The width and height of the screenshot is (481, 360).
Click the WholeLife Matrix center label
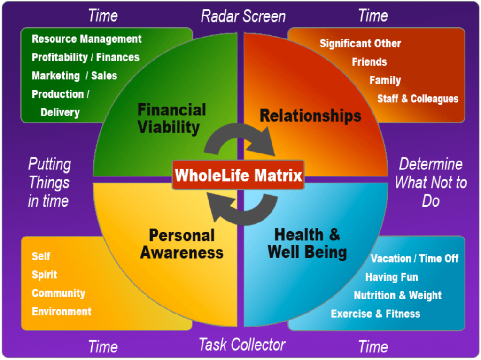238,175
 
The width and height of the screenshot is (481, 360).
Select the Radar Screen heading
243,16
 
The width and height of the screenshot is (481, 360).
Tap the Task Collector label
242,345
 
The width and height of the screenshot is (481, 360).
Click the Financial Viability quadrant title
171,119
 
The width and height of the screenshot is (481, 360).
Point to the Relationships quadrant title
310,116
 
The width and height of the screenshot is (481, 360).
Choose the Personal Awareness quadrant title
182,244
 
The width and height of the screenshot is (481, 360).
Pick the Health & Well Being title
307,244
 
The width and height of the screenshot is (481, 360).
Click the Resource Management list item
86,39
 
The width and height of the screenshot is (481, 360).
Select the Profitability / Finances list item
85,57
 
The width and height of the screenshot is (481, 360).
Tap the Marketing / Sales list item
75,76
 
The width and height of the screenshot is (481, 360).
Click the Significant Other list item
360,44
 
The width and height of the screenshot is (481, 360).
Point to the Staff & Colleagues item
418,99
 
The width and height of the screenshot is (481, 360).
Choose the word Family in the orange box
385,80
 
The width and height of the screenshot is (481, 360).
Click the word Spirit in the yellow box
45,275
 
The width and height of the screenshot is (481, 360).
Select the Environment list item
62,312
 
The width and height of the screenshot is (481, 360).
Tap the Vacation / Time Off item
415,259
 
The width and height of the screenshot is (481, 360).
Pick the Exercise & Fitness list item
375,314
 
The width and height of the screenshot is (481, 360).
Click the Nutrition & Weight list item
397,295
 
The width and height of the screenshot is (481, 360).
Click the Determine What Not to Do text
431,183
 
